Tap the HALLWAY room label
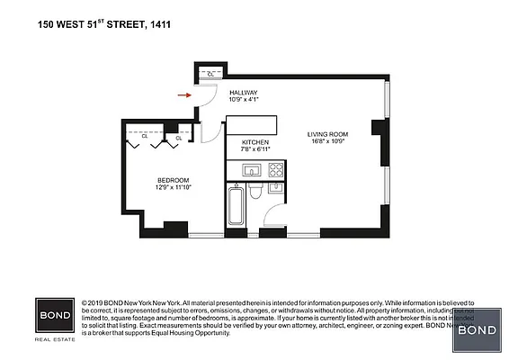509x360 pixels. [243, 93]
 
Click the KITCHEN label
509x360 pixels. [255, 143]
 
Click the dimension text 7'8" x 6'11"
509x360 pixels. [255, 150]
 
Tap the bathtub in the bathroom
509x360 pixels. [236, 207]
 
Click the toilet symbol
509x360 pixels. [256, 191]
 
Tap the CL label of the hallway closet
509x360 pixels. [210, 74]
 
